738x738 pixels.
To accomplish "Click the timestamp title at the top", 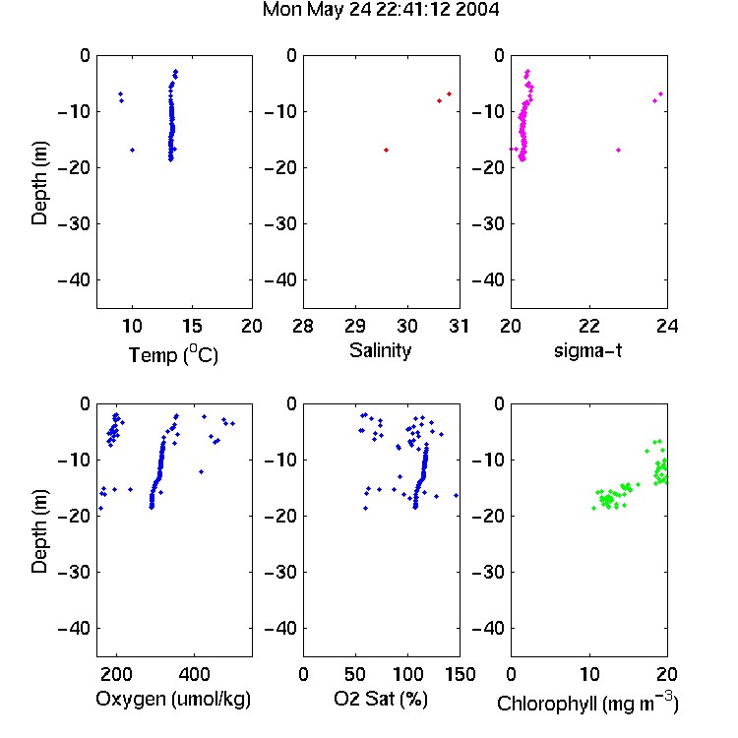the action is coord(380,10).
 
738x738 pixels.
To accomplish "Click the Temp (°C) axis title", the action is coord(173,354).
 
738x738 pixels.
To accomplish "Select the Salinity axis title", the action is coord(380,350).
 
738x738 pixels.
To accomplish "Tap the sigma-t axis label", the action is coord(587,350).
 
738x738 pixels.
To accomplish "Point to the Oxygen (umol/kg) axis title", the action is coord(173,700).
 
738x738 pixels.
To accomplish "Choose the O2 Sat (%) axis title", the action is coord(380,700).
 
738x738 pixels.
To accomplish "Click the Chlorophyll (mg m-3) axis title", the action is coord(587,703).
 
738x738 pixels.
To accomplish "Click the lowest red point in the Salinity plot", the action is coord(386,151).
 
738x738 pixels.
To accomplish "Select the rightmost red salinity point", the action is coord(449,94).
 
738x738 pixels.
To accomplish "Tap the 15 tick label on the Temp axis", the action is coord(192,326).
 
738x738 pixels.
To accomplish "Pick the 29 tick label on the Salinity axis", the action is coord(355,326).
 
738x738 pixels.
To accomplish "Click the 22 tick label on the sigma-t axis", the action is coord(589,326).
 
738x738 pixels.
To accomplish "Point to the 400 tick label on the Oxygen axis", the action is coord(194,674).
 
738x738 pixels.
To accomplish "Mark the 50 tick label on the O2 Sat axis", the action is coord(355,674).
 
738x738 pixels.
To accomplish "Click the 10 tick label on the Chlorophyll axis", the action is coord(589,674).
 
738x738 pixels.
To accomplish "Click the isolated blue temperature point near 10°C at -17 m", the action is coord(132,151).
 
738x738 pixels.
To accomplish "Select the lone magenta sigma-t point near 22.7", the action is coord(619,151).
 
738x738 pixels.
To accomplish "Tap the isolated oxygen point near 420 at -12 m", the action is coord(201,471).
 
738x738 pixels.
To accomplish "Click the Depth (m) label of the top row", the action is coord(39,183).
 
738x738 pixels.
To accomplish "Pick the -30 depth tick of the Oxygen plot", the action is coord(74,572).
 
